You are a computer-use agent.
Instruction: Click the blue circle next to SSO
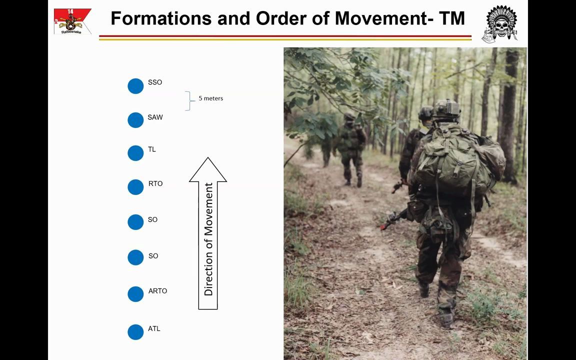point(135,86)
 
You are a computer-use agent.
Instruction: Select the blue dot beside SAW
point(135,120)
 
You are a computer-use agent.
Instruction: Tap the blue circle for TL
point(135,153)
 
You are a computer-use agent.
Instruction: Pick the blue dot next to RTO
point(135,187)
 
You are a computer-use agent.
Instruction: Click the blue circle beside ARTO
point(135,294)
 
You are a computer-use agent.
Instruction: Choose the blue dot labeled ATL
point(135,332)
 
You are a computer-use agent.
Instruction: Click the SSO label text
point(155,82)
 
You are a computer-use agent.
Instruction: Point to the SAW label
point(155,117)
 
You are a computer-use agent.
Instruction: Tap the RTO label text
point(155,184)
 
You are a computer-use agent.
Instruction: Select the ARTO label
point(157,291)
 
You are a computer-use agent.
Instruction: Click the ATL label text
point(154,328)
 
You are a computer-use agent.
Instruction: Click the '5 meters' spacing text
point(210,98)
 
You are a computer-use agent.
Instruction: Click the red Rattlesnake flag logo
point(72,21)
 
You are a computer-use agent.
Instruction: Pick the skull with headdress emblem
point(500,23)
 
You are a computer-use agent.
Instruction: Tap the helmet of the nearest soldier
point(446,108)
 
